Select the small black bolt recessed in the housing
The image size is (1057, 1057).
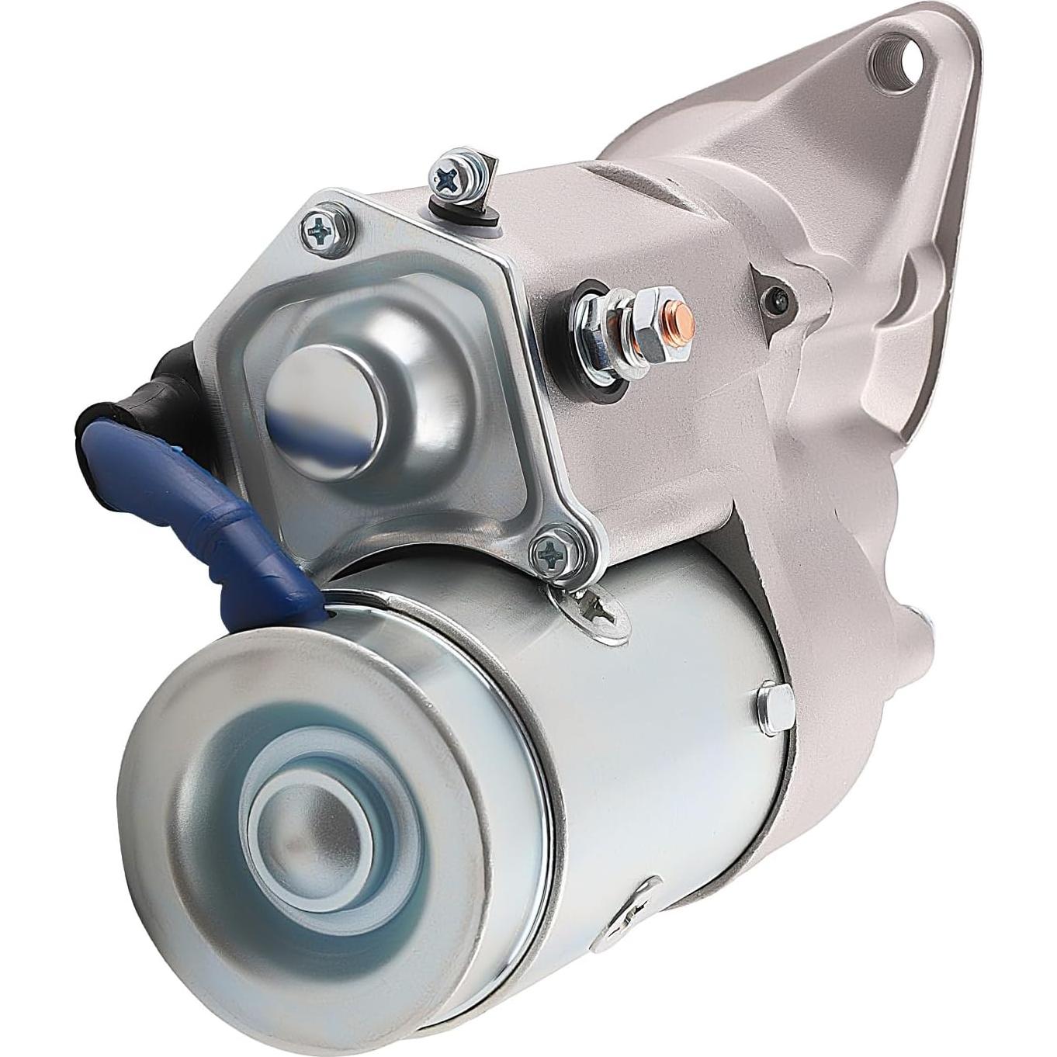(778, 295)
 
